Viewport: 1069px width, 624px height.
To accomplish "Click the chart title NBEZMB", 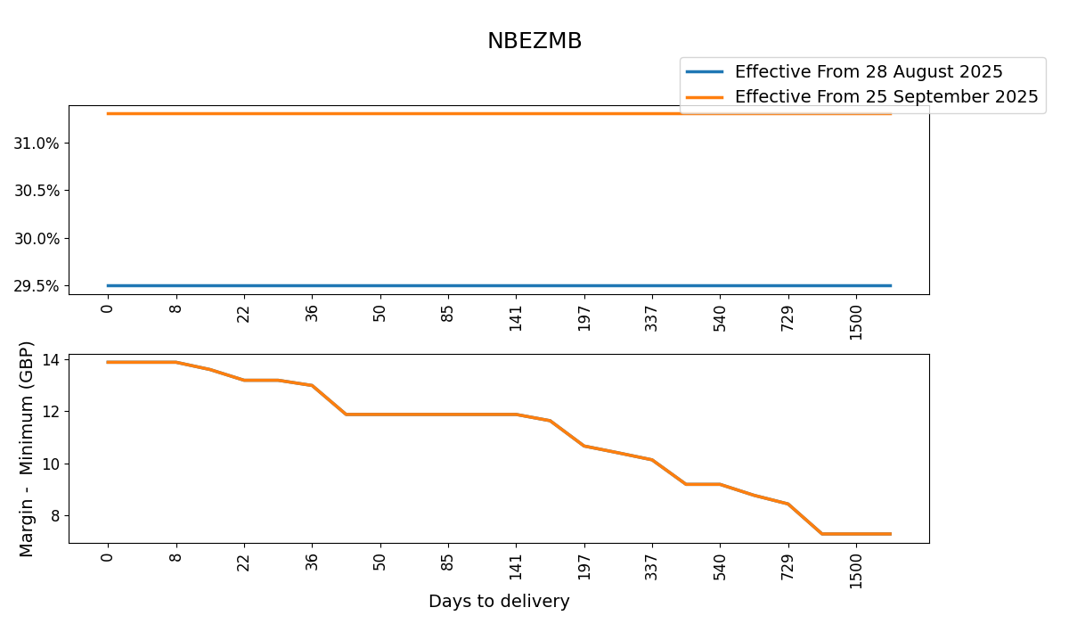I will (x=534, y=41).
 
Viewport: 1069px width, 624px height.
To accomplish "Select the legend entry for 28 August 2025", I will (x=869, y=72).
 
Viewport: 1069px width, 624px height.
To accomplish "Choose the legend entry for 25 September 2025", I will (x=886, y=97).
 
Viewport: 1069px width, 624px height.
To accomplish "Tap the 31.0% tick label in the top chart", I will (x=37, y=144).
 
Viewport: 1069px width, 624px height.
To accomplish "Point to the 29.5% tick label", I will (x=37, y=286).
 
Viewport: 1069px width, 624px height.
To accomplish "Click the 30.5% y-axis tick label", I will (x=37, y=191).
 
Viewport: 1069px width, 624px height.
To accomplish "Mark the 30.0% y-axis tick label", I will (x=37, y=239).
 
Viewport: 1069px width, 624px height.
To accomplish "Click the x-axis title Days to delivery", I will (x=499, y=602).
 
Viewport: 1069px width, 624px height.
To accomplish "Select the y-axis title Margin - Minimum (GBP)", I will (x=28, y=448).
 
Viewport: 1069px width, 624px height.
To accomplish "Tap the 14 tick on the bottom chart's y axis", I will (x=51, y=360).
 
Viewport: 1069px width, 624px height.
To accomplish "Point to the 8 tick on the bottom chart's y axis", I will (x=55, y=516).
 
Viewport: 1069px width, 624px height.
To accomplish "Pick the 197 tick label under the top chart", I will (x=584, y=317).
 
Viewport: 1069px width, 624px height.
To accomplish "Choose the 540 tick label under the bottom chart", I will (x=720, y=565).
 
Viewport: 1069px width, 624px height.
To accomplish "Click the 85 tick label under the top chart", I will (x=448, y=314).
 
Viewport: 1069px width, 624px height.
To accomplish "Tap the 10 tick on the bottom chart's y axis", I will (x=51, y=464).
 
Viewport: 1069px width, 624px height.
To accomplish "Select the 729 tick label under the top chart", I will (x=787, y=317).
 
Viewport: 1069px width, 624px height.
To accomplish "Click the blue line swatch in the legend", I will (x=704, y=72).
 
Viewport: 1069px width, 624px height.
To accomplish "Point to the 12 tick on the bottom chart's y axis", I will (x=51, y=412).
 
